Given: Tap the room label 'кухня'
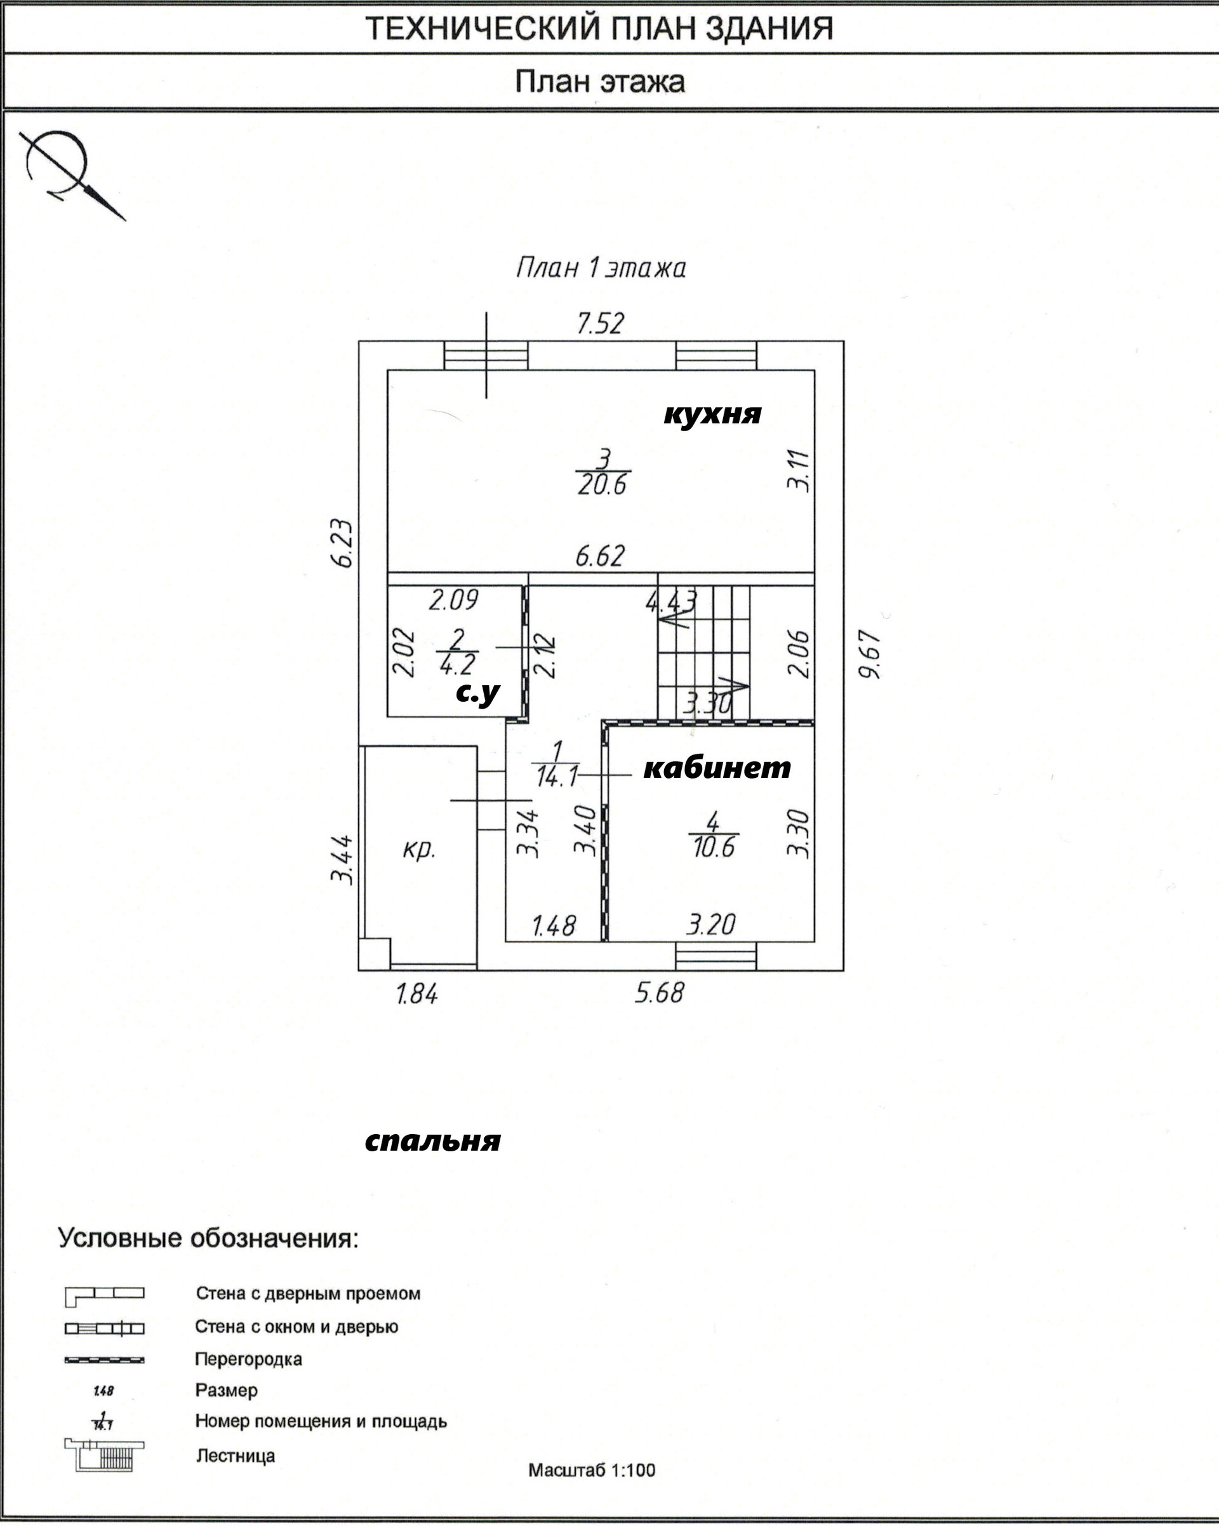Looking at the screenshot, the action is [x=712, y=414].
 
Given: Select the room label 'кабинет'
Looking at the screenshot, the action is [x=717, y=767].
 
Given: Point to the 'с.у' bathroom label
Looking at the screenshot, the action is [x=477, y=693].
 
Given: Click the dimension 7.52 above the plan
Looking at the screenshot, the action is [x=600, y=323].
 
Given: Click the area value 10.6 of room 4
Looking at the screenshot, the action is [x=714, y=847].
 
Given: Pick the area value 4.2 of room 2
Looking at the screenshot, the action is [x=457, y=664].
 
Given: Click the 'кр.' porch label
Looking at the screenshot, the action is [x=419, y=848].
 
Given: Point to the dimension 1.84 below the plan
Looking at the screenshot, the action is [x=416, y=994].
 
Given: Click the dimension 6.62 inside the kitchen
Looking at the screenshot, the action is [x=600, y=556].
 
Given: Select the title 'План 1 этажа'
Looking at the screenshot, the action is [x=601, y=268].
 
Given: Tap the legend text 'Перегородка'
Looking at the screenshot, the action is [x=248, y=1359].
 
